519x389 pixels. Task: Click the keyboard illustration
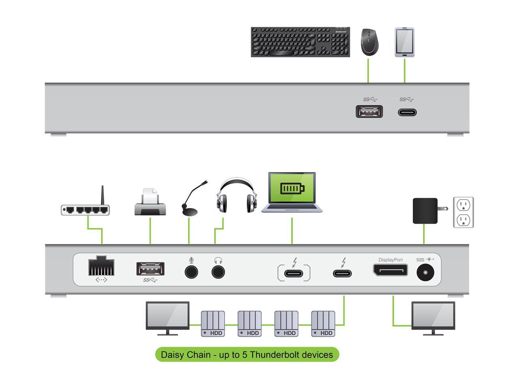click(300, 42)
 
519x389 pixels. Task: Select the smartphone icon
click(404, 42)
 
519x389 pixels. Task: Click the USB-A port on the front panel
click(369, 111)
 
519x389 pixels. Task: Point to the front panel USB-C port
click(407, 112)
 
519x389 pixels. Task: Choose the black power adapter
click(425, 211)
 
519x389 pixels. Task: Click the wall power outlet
click(463, 212)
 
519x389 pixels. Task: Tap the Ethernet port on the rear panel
click(101, 266)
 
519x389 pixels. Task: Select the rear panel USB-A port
click(150, 269)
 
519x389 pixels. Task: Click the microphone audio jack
click(191, 271)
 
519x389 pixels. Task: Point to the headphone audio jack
click(219, 271)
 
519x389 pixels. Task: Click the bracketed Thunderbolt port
click(294, 273)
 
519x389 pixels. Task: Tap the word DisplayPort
click(390, 260)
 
